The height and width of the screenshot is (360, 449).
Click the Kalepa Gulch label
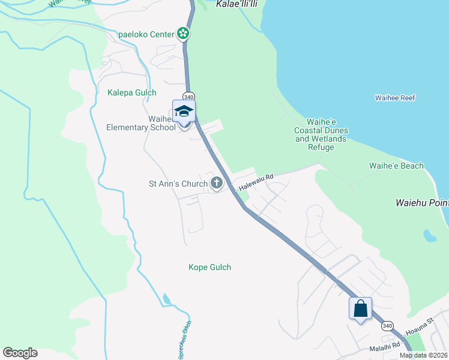[131, 92]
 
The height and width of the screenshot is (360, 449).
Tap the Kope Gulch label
[209, 267]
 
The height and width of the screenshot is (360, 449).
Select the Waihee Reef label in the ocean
[395, 98]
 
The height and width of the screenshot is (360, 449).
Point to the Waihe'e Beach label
[396, 166]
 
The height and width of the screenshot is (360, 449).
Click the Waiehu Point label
[421, 203]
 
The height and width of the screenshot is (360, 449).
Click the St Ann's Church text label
[178, 184]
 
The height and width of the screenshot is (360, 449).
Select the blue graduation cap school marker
[184, 112]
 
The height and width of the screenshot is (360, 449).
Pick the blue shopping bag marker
[360, 309]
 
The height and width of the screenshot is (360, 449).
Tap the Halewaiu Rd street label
[256, 182]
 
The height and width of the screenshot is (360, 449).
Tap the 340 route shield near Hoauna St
[387, 325]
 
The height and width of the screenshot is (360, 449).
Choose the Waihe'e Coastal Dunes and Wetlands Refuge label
[321, 134]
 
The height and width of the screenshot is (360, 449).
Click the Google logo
[20, 353]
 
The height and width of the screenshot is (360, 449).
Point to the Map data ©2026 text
[423, 355]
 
